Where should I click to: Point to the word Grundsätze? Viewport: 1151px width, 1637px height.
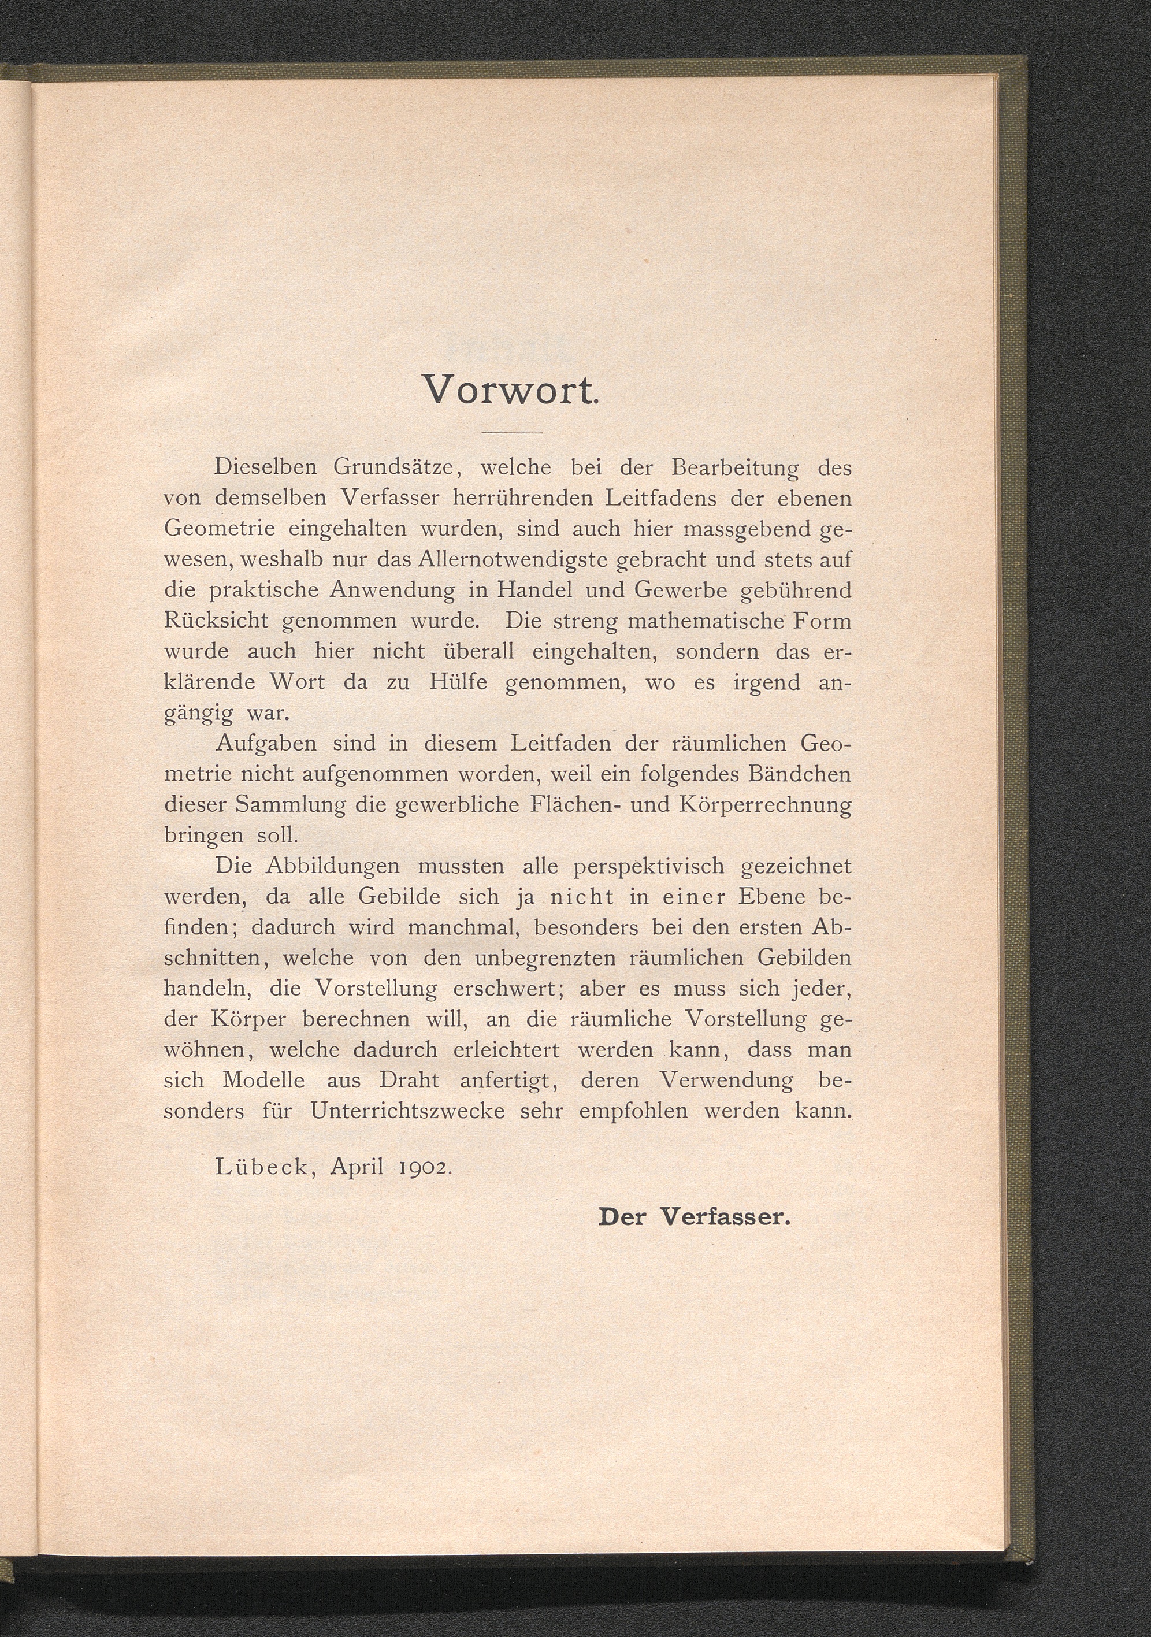coord(393,469)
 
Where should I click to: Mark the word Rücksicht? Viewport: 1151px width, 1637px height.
coord(216,620)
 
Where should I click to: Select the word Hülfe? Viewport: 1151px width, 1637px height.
coord(459,682)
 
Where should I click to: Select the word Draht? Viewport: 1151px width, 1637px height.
coord(409,1080)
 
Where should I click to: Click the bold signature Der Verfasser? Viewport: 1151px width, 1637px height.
coord(695,1216)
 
